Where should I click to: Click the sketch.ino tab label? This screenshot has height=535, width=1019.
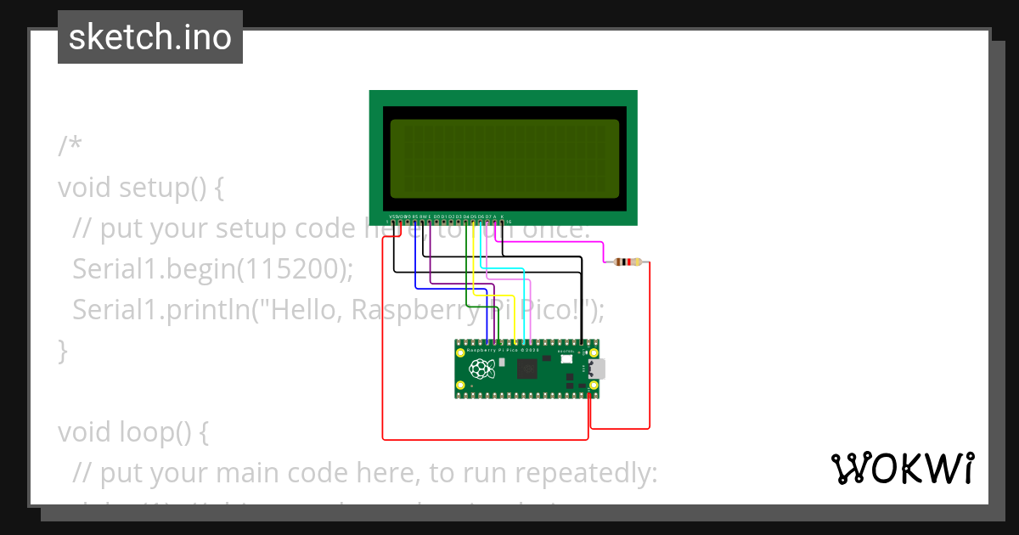[x=150, y=37]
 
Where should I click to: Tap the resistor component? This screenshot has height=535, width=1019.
[x=628, y=262]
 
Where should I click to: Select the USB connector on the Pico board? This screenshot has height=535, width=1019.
[x=596, y=369]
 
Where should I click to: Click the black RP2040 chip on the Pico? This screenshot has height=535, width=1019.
[x=527, y=369]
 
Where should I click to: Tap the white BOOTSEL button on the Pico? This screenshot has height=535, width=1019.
[x=566, y=360]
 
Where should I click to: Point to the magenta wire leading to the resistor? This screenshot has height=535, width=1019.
[x=552, y=243]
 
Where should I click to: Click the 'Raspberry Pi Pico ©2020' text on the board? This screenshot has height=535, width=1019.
[x=503, y=350]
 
